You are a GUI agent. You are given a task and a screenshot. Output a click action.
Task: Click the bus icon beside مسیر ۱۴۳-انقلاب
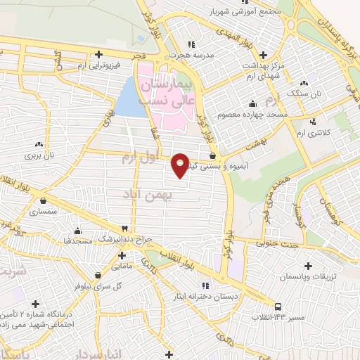coord(278,307)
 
